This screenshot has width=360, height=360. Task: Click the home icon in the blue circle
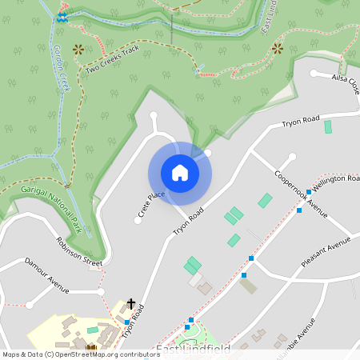tap(179, 173)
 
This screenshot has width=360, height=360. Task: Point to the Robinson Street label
tap(79, 250)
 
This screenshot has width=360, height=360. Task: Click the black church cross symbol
tap(131, 304)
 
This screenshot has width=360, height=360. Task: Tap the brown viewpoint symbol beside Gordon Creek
tap(78, 49)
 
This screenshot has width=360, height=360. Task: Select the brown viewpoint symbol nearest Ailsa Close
tap(278, 49)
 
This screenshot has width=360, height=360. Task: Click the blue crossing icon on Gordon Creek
tap(62, 16)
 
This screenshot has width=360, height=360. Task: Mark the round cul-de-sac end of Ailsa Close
tap(314, 75)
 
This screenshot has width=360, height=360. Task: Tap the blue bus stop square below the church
tap(126, 322)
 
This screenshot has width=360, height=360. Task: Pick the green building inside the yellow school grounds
tap(93, 330)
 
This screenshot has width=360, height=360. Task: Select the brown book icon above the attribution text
tap(90, 347)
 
